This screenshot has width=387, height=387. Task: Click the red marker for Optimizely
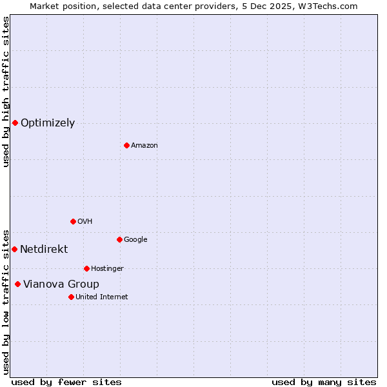(x=15, y=123)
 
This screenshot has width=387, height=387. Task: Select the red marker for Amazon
(x=126, y=145)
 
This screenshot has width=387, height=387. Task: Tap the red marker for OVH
(x=73, y=221)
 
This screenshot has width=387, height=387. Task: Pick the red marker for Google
(x=119, y=239)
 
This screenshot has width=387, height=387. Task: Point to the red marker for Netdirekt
(x=14, y=249)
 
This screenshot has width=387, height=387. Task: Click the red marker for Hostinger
(x=86, y=268)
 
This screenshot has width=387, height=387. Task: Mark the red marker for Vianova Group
(x=17, y=284)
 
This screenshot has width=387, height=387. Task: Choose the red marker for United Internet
(x=71, y=297)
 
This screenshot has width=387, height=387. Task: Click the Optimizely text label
(x=48, y=123)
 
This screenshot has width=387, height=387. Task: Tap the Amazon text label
(x=144, y=146)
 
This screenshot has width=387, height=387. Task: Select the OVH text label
(x=85, y=222)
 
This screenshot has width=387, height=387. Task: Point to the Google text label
(x=135, y=240)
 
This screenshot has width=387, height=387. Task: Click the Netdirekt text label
(x=44, y=250)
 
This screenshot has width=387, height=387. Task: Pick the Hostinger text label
(x=107, y=269)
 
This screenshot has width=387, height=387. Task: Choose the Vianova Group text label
(x=61, y=284)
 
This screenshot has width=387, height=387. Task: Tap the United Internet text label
(x=102, y=297)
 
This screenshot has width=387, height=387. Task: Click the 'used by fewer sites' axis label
(x=66, y=382)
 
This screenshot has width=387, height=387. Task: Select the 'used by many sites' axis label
(x=324, y=382)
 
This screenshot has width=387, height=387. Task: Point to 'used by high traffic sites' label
(x=6, y=92)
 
